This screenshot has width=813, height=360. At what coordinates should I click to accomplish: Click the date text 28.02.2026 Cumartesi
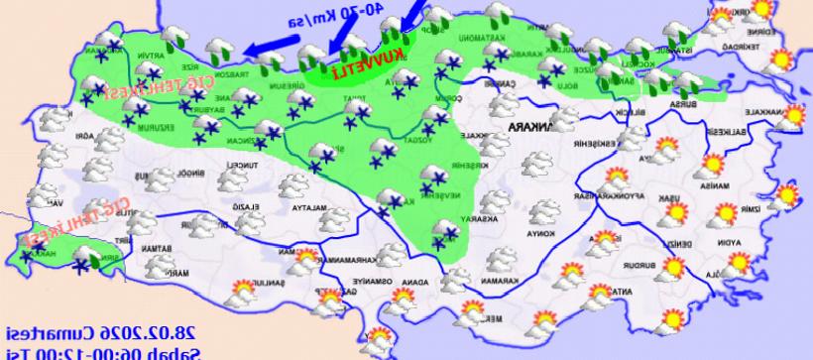[79, 331]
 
